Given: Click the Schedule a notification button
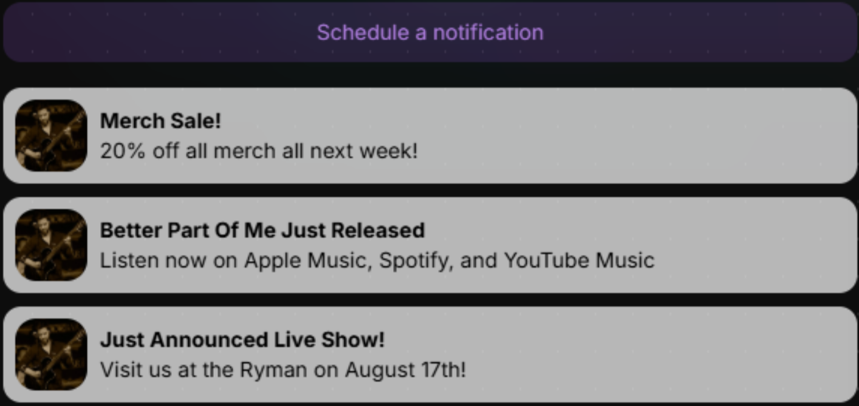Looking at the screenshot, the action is [430, 32].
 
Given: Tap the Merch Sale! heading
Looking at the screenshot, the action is [160, 121].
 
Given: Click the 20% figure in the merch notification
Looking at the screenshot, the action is [123, 151].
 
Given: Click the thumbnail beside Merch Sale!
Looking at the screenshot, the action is [51, 135].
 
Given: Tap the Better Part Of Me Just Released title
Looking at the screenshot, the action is [262, 231].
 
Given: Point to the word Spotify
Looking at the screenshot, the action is [416, 261].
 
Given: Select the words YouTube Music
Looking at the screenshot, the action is [579, 260].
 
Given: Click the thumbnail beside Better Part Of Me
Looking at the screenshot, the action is [51, 245].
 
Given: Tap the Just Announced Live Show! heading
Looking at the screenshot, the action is [242, 340].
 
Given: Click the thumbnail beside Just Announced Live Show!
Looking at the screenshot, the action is [51, 354].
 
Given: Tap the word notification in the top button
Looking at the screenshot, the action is [488, 32].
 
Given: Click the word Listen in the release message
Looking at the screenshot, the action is [129, 260].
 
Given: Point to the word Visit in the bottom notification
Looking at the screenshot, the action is [121, 370].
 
